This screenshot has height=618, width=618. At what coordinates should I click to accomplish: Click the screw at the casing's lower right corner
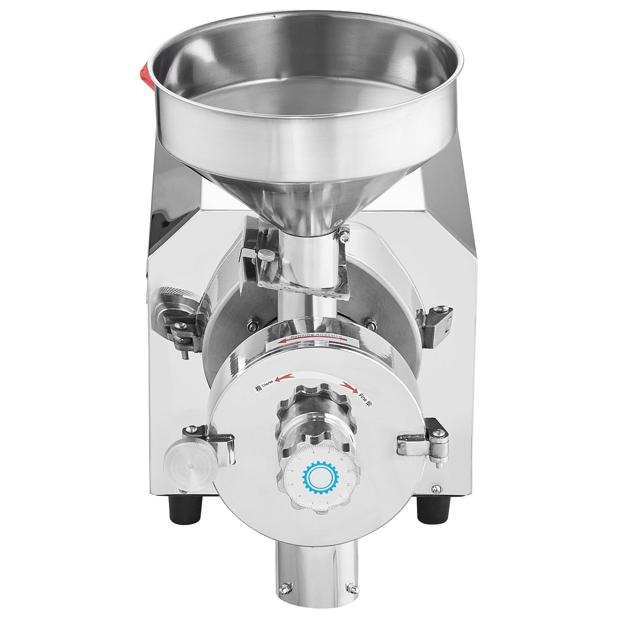(x=435, y=488)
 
